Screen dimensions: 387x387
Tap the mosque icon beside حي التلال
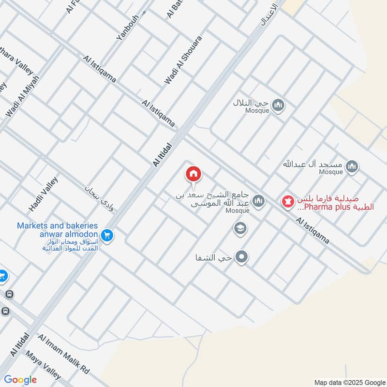click(x=278, y=105)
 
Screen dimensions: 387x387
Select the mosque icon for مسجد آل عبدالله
click(x=352, y=167)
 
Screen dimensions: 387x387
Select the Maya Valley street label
click(x=44, y=365)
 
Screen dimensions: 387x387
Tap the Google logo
click(x=20, y=380)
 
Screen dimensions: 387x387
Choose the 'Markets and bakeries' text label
click(x=58, y=226)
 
